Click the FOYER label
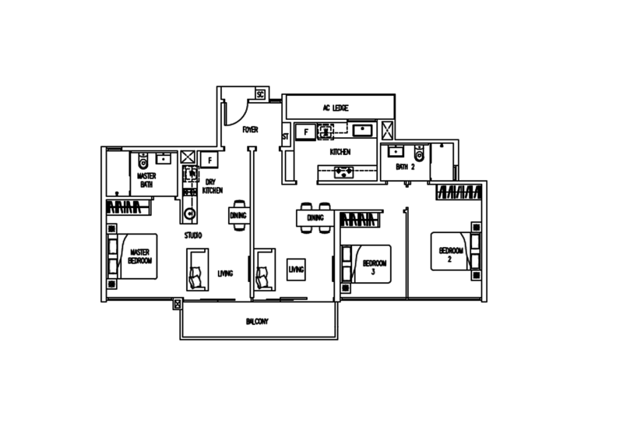click(x=250, y=129)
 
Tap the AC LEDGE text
click(x=336, y=108)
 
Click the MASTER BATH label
click(x=146, y=181)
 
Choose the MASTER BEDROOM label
click(x=140, y=256)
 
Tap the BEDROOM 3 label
click(x=373, y=267)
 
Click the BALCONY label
click(x=257, y=321)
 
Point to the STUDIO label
click(x=192, y=234)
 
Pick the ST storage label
click(x=285, y=137)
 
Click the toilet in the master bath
click(x=143, y=161)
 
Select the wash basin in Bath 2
click(x=396, y=150)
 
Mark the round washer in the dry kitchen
click(x=189, y=213)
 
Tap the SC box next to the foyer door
click(x=260, y=94)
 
